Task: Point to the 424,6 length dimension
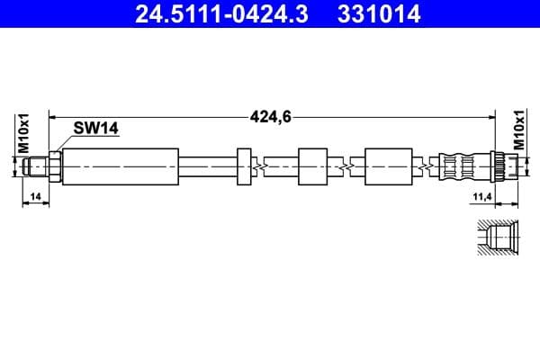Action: point(268,115)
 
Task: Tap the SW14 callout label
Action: point(96,129)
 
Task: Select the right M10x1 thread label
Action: point(518,131)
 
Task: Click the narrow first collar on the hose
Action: point(244,166)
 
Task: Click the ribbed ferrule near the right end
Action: point(461,166)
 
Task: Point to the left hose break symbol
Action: point(261,166)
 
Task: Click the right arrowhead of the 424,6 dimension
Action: point(491,115)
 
